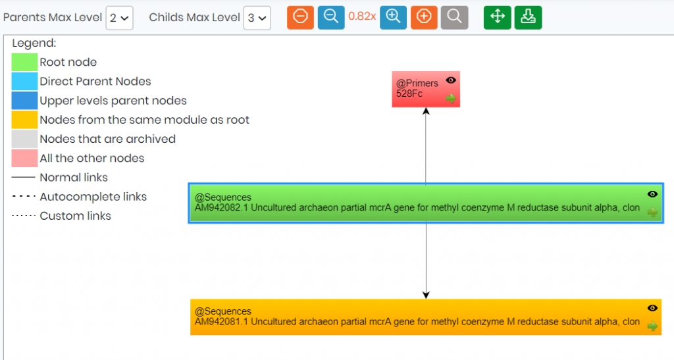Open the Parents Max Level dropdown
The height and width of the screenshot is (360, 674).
click(120, 18)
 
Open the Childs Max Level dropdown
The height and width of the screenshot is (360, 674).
click(257, 18)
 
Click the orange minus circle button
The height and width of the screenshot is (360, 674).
click(300, 17)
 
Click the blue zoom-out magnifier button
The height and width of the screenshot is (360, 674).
click(331, 17)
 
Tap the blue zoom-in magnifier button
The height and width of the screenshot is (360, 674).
click(394, 17)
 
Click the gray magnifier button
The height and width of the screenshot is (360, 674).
click(454, 17)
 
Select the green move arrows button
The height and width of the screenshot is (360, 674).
click(498, 17)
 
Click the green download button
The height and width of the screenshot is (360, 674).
click(529, 17)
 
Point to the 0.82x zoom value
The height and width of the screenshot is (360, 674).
click(362, 16)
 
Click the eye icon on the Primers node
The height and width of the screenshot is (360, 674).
click(450, 80)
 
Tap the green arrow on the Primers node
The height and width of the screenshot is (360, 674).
click(450, 98)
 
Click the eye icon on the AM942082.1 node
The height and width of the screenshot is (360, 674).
click(652, 194)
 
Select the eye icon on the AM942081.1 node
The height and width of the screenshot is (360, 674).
click(652, 308)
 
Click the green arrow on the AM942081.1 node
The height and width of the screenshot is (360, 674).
click(652, 326)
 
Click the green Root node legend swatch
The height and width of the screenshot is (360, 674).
click(24, 63)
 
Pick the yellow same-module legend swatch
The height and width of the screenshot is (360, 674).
click(24, 120)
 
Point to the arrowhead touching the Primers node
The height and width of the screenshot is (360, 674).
click(426, 111)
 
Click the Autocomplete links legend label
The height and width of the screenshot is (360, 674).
click(93, 197)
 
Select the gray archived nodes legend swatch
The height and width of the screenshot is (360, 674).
click(24, 139)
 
